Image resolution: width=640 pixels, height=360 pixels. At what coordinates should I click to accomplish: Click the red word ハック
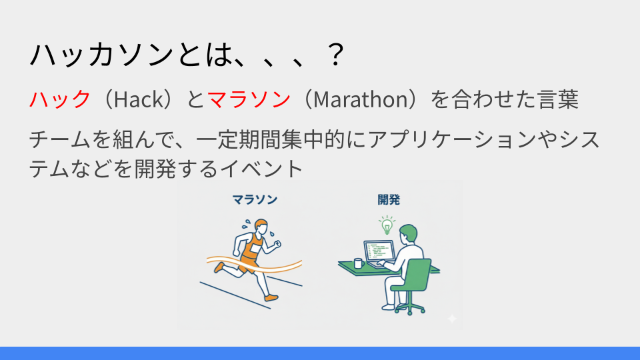60,99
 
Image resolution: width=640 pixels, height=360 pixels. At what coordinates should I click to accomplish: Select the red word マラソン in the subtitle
249,99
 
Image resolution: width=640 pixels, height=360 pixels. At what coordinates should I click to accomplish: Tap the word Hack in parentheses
139,99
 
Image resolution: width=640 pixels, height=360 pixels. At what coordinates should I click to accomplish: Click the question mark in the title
336,54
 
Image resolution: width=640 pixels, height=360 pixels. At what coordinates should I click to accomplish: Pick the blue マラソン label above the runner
255,199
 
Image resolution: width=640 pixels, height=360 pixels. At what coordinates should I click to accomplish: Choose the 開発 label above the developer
389,199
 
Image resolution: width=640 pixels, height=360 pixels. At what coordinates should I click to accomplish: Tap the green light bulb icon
387,225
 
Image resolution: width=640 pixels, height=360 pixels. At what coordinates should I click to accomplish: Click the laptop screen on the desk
379,251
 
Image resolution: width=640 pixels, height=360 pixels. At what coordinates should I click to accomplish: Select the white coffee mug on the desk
358,263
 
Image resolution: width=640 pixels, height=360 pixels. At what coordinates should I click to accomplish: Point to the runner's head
261,226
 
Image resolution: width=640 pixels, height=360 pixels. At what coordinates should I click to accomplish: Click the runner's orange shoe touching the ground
271,297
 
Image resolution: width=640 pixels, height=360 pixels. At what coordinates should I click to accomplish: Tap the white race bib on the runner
255,249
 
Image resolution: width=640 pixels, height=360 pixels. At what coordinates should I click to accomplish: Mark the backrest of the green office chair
418,274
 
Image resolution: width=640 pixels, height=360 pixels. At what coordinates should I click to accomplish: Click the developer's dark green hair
409,233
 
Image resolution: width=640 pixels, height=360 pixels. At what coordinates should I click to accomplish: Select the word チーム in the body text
59,139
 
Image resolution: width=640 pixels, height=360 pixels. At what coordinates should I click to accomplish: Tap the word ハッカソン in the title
102,54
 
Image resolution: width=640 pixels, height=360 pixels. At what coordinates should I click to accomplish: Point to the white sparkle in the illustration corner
452,319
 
